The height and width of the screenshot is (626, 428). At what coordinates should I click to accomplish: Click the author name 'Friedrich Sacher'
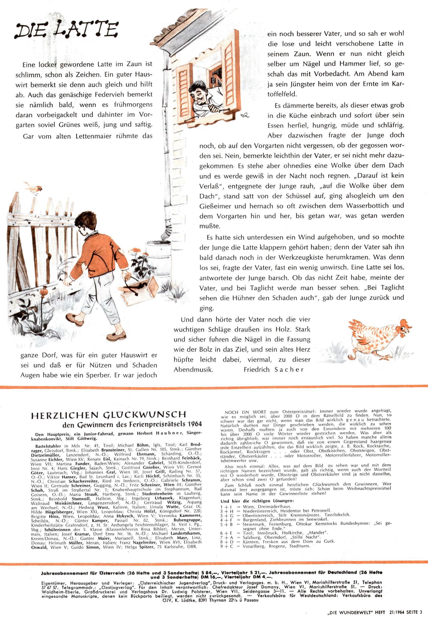click(273, 370)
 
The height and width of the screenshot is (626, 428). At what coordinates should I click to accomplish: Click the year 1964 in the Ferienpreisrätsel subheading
click(195, 424)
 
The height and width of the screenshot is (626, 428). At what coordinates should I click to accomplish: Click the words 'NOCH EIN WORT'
click(245, 412)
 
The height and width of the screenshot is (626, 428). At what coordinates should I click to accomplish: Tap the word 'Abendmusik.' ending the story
click(193, 370)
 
